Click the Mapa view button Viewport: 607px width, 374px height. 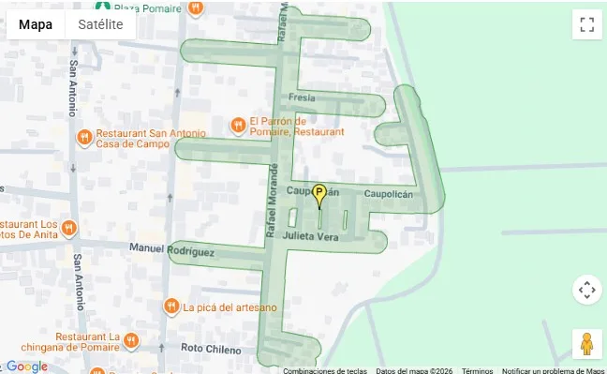36,24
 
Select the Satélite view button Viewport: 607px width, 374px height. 100,24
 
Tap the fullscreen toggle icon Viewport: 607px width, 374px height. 587,24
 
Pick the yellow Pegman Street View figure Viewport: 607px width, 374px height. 587,344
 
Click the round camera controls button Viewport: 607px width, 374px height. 587,290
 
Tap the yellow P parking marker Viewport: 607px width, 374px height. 319,196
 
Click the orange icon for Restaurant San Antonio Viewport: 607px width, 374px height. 84,137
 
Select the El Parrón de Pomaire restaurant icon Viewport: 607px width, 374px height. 239,126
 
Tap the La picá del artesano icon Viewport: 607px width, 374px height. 171,307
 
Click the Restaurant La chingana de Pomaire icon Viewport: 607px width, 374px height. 132,340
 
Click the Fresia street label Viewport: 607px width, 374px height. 302,97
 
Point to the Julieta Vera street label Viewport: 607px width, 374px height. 316,237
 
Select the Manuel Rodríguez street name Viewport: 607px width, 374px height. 172,250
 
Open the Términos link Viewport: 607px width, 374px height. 477,370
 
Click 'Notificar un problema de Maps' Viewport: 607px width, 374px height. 554,370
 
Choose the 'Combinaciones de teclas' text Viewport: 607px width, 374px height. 324,370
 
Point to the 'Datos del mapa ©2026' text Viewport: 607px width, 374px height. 413,370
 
